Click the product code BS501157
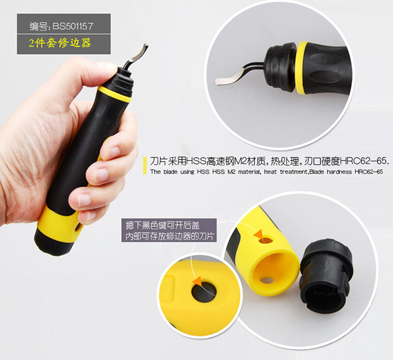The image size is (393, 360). pyautogui.click(x=73, y=26)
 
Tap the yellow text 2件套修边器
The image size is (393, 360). pyautogui.click(x=60, y=43)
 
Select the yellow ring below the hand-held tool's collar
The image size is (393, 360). pyautogui.click(x=114, y=94)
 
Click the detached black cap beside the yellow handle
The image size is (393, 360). pyautogui.click(x=326, y=276)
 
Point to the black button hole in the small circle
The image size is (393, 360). pyautogui.click(x=204, y=292)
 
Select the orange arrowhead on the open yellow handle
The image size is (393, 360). pyautogui.click(x=259, y=234)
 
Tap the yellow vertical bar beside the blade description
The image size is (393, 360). pyautogui.click(x=145, y=166)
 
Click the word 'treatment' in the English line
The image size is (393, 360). pyautogui.click(x=293, y=172)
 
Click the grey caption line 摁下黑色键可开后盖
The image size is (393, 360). pyautogui.click(x=163, y=225)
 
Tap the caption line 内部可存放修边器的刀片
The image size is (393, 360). pyautogui.click(x=170, y=236)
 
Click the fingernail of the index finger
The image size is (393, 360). pyautogui.click(x=113, y=151)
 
